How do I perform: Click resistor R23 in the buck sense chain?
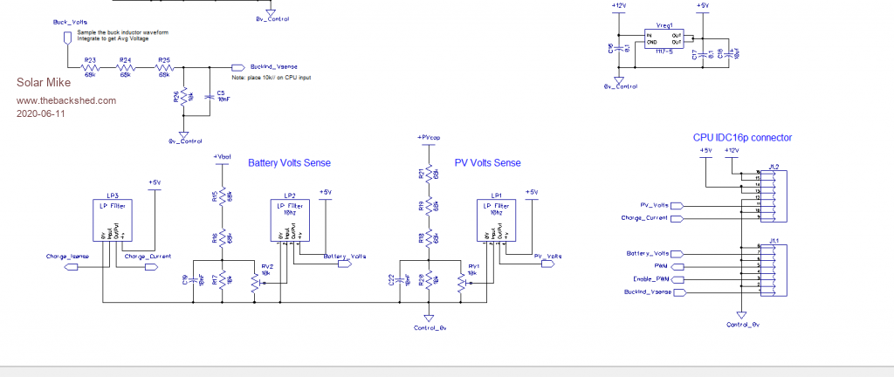89,67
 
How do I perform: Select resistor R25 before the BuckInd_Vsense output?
163,67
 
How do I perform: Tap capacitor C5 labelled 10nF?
208,95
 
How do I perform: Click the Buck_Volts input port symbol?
67,38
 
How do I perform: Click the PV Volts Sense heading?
487,163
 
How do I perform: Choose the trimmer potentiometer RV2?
255,280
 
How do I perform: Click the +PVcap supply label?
429,138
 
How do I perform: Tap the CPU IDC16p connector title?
742,137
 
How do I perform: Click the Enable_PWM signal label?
650,278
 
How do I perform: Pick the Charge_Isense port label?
68,257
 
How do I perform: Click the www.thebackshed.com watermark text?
66,100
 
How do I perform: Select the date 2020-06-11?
41,113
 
